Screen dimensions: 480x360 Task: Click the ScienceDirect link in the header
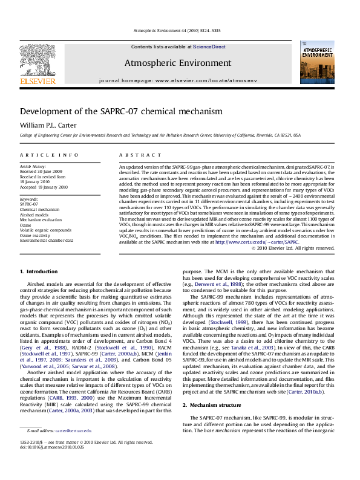click(210, 47)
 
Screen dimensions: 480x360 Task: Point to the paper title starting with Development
click(113, 112)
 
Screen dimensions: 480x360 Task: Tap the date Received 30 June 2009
click(42, 171)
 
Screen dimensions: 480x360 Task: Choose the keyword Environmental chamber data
click(47, 240)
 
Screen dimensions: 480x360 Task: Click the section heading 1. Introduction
click(39, 271)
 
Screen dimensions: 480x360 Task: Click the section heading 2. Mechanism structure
click(215, 405)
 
